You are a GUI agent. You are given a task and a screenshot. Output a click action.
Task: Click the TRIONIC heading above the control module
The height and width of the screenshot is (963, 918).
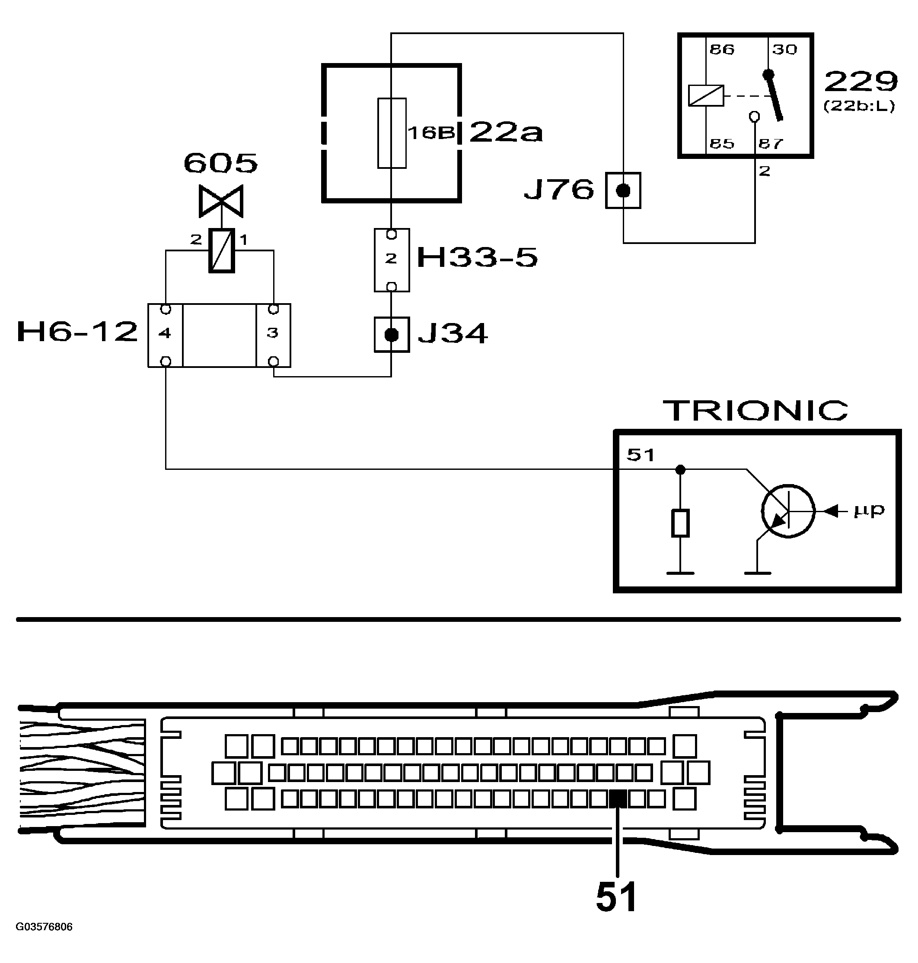755,411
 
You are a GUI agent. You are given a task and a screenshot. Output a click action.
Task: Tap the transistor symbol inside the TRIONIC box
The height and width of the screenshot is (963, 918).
788,511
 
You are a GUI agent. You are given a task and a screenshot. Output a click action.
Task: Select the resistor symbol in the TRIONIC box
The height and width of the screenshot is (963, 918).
680,523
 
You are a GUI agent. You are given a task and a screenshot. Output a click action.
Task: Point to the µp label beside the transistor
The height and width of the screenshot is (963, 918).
869,510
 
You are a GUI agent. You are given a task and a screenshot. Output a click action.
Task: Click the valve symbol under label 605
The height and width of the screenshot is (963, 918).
221,201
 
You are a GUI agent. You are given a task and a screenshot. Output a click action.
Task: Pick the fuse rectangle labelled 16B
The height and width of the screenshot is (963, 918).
392,133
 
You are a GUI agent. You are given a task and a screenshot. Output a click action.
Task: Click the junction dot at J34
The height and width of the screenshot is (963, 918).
392,335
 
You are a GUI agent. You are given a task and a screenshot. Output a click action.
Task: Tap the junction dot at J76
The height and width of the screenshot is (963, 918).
623,190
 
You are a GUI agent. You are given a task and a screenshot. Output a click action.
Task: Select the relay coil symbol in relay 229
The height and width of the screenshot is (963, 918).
706,96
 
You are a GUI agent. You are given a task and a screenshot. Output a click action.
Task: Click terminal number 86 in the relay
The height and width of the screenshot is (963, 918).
722,49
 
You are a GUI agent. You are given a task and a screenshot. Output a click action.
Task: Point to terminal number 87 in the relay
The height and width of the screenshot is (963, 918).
771,144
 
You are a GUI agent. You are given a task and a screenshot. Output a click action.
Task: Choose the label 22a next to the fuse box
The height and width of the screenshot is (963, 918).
506,133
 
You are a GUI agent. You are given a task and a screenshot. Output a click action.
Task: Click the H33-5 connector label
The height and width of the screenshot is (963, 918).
477,258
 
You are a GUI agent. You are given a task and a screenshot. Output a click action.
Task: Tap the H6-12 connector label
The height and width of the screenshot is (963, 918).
77,333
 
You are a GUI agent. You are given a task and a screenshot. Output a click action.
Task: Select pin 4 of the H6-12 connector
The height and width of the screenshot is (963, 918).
165,333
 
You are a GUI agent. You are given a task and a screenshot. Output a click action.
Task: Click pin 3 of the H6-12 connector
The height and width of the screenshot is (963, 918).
273,333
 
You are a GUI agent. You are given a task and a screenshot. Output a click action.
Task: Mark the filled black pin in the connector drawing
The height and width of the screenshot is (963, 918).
618,799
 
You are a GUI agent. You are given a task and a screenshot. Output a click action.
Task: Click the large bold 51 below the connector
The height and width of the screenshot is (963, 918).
617,897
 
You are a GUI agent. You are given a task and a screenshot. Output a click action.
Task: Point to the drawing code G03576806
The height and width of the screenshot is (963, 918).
44,927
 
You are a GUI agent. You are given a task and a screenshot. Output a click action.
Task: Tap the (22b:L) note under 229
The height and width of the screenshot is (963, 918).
859,106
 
